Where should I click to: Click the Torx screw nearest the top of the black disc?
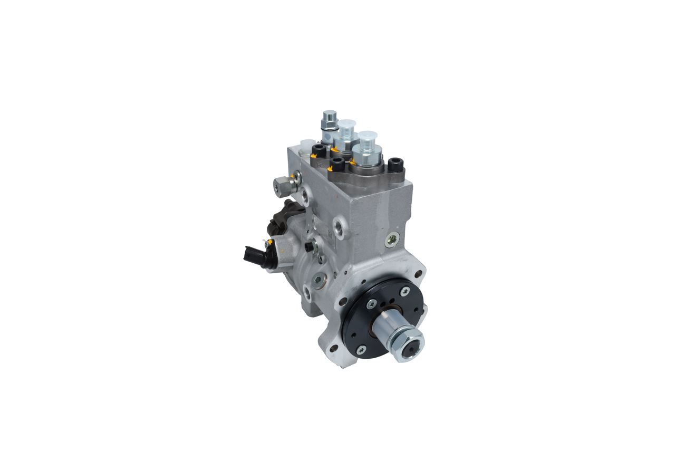click(x=404, y=290)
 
